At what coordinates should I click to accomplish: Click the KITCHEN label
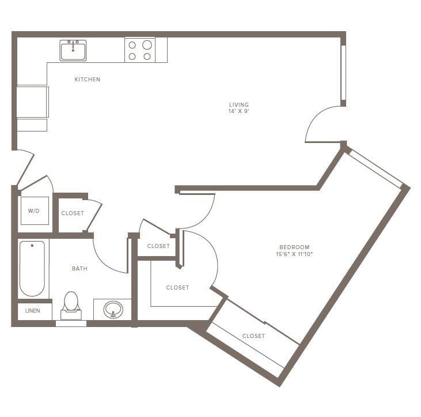coord(88,79)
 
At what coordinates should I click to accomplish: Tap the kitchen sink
coord(73,50)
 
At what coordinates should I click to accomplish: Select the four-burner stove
coord(140,50)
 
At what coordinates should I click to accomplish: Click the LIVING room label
coord(238,104)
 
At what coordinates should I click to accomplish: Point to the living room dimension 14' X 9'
coord(238,111)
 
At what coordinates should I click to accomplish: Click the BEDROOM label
coord(297,247)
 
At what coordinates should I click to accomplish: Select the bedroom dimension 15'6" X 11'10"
coord(297,254)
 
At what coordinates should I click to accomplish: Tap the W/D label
coord(34,211)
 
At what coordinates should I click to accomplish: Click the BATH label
coord(79,268)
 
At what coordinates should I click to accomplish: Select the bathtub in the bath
coord(32,268)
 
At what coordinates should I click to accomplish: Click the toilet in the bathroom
coord(71,305)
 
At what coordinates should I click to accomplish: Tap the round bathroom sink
coord(113,310)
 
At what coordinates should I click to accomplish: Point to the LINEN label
coord(32,311)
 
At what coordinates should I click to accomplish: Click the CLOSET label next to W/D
coord(73,213)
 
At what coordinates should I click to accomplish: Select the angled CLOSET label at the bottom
coord(253,336)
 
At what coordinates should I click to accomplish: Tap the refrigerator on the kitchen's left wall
coord(32,102)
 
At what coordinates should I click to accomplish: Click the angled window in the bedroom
coord(376,168)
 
